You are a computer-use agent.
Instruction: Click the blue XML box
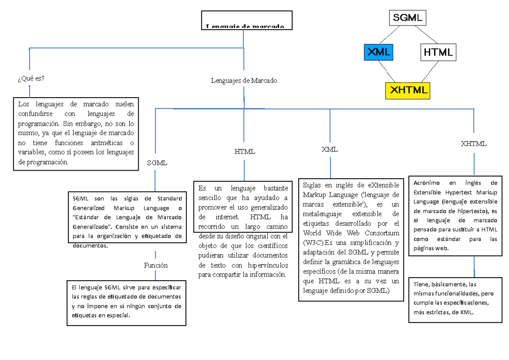378,52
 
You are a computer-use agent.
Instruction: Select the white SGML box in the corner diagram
407,18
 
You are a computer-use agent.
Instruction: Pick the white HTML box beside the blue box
438,52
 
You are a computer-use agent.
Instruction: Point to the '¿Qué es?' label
31,78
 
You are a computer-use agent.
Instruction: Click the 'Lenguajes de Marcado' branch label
244,80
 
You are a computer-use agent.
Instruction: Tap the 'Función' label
156,265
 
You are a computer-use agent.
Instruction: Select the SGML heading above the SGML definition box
157,163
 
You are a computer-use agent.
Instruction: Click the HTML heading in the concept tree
245,152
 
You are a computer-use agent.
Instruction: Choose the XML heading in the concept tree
330,149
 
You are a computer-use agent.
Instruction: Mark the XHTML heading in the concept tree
474,144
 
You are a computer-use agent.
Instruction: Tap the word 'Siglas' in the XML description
312,185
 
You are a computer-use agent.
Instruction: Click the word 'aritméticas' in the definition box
106,143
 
